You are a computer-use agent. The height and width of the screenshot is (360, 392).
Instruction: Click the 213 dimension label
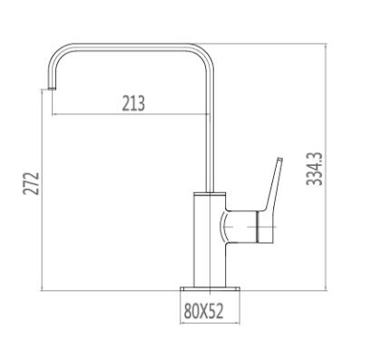pyautogui.click(x=133, y=103)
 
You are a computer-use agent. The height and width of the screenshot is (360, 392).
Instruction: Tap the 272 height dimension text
pyautogui.click(x=31, y=184)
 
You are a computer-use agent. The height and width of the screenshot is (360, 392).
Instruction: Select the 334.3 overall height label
pyautogui.click(x=314, y=169)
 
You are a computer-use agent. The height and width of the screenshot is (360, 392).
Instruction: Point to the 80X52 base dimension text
pyautogui.click(x=203, y=311)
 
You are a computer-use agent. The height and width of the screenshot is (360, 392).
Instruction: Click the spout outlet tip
pyautogui.click(x=52, y=88)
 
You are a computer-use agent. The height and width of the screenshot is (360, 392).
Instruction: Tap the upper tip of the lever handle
pyautogui.click(x=280, y=159)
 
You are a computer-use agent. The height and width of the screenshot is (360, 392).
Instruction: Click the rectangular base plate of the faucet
pyautogui.click(x=210, y=289)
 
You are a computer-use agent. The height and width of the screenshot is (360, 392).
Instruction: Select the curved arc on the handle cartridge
pyautogui.click(x=223, y=227)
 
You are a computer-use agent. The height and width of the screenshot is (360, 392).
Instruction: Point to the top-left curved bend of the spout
pyautogui.click(x=57, y=54)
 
